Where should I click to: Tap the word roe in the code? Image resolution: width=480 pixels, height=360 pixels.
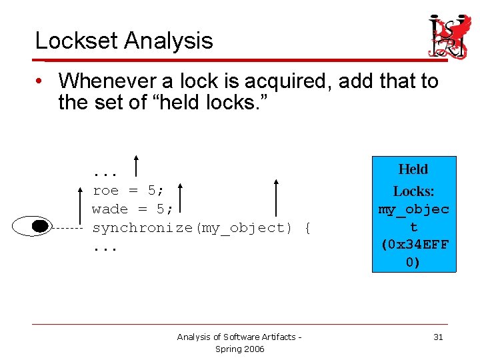tap(106, 190)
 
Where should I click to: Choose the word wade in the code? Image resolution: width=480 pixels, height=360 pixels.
tap(110, 209)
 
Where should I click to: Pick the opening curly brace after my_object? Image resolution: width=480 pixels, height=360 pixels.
tap(307, 228)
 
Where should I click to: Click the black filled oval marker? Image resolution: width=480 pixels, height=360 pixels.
tap(40, 227)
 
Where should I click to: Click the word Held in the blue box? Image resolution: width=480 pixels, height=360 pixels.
tap(413, 169)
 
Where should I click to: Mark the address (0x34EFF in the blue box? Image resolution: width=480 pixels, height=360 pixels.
tap(414, 244)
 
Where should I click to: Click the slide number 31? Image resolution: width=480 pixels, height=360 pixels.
tap(438, 337)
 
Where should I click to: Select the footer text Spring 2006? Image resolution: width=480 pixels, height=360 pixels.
tap(239, 349)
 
